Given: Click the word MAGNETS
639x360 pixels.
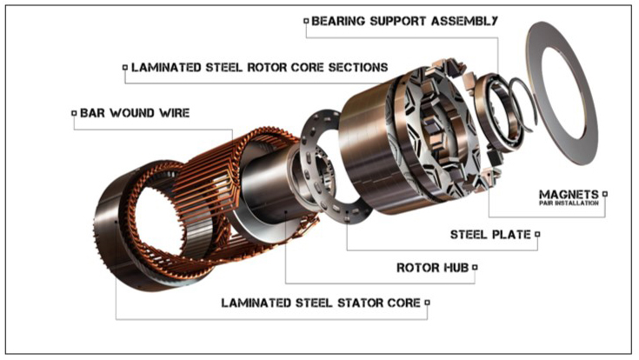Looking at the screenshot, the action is click(x=569, y=194).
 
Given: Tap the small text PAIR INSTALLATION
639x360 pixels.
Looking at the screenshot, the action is click(x=569, y=203).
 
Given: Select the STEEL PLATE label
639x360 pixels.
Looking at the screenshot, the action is click(x=490, y=235).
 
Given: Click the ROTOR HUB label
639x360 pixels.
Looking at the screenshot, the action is click(x=432, y=268).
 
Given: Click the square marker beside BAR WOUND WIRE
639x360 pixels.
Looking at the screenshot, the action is click(x=74, y=113).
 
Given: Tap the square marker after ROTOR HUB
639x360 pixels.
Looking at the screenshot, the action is click(x=475, y=268).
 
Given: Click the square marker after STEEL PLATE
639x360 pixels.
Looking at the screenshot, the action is click(x=537, y=234).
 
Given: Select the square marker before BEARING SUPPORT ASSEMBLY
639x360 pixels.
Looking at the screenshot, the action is click(x=306, y=21).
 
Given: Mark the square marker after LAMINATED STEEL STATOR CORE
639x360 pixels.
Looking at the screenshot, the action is click(x=427, y=303).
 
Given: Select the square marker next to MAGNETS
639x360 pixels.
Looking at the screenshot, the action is click(x=605, y=194).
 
